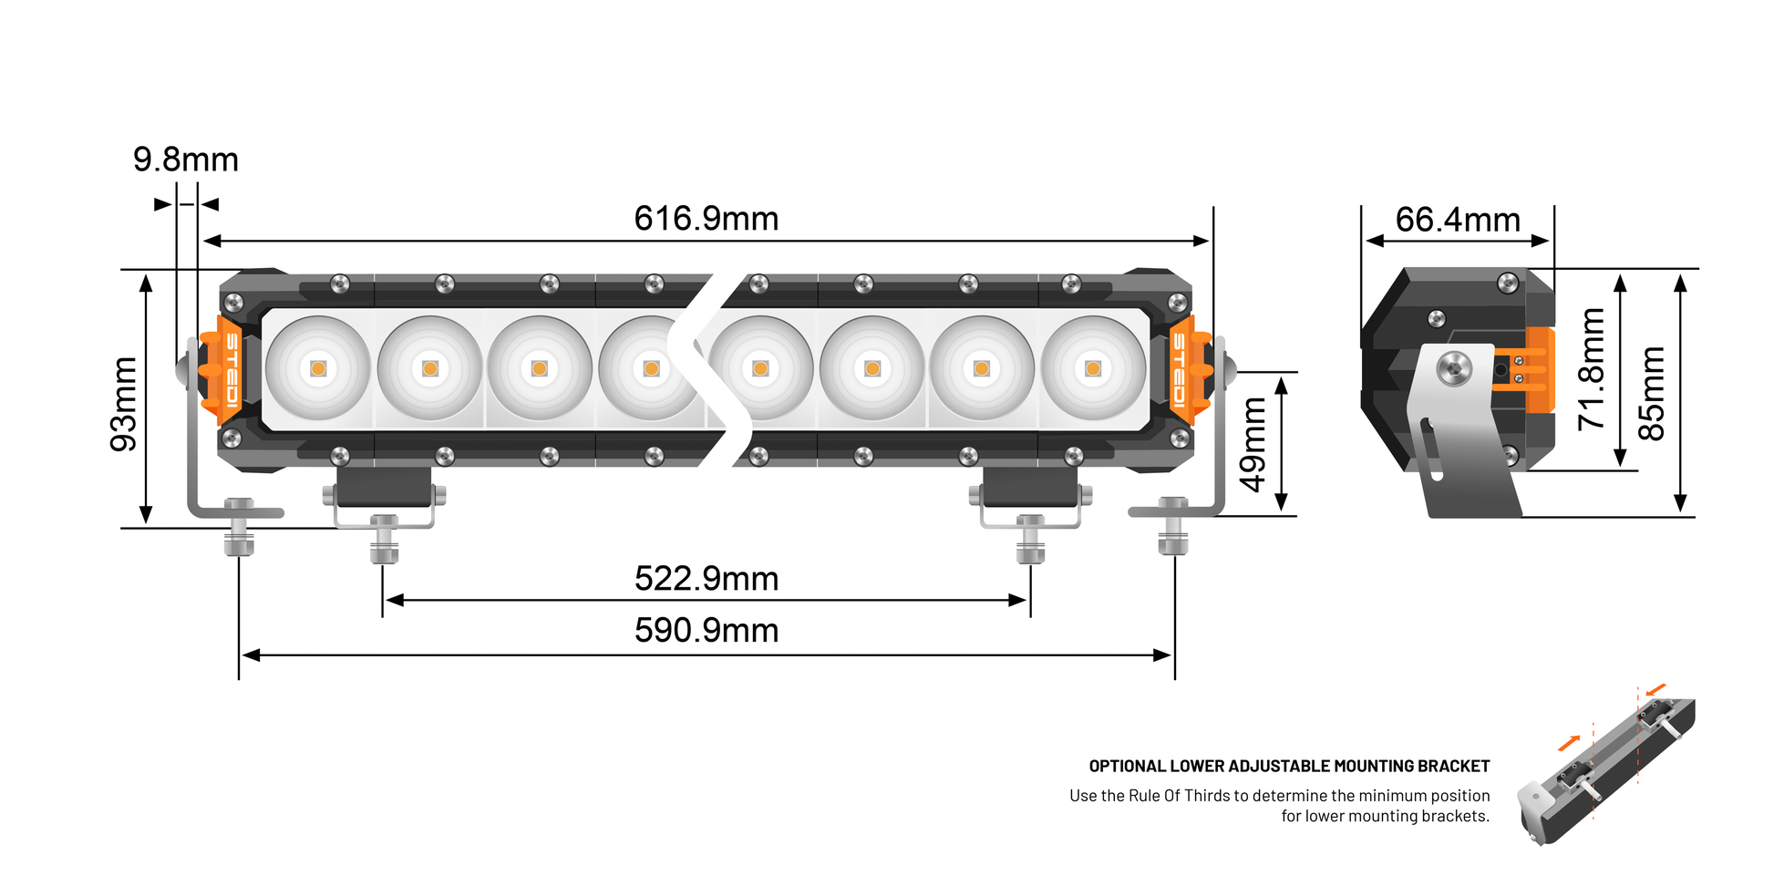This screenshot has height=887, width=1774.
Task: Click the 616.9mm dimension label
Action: [x=706, y=219]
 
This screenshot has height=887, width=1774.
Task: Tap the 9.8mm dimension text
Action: [x=185, y=160]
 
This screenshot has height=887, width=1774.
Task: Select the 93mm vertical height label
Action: [x=124, y=404]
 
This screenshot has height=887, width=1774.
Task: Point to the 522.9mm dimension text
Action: [x=706, y=579]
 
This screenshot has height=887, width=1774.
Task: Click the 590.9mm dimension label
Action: [x=706, y=631]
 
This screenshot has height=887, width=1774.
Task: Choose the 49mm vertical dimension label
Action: [x=1253, y=444]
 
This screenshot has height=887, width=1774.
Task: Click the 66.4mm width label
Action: [x=1457, y=220]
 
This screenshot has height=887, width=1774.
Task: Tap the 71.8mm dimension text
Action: [x=1592, y=369]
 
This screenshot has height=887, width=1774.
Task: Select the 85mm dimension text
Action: [x=1651, y=393]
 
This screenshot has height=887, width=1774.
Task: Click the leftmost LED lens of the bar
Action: [x=318, y=368]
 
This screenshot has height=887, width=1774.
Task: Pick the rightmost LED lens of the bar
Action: [x=1093, y=368]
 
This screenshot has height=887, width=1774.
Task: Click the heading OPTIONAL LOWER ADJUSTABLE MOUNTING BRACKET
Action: [x=1288, y=767]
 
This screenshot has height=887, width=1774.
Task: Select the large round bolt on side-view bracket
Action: [x=1454, y=368]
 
